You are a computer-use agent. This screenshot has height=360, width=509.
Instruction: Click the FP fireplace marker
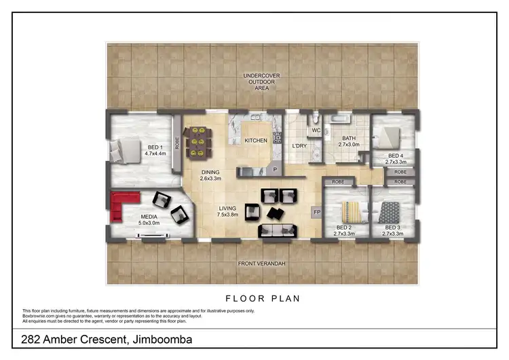pos(316,213)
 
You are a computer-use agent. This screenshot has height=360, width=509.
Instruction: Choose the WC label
pos(316,130)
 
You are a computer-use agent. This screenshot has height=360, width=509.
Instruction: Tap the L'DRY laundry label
pos(299,146)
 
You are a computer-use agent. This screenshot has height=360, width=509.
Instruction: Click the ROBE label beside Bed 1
pos(177,143)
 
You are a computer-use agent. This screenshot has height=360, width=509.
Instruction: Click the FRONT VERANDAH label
pos(256,264)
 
